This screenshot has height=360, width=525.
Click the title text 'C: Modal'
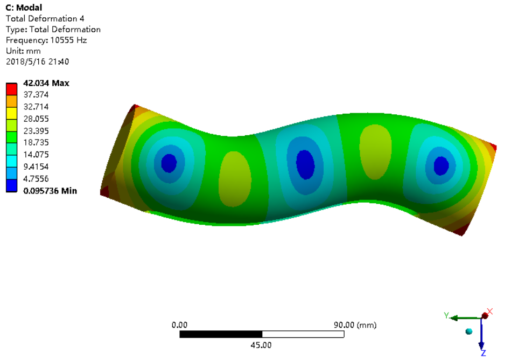[24, 8]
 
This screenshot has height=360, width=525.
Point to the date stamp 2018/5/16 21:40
[38, 61]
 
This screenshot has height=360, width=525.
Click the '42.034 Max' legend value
[46, 83]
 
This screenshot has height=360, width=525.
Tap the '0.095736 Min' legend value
[50, 191]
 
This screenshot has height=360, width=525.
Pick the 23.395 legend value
[36, 131]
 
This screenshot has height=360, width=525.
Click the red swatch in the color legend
[12, 89]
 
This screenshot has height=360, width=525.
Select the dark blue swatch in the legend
[12, 185]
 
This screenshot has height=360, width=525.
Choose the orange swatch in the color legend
[12, 101]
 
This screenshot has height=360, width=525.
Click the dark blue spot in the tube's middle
[305, 164]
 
